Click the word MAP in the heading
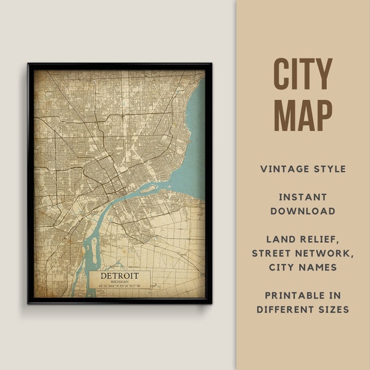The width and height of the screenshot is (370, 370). pos(303,115)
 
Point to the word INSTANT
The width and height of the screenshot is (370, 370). pos(303,197)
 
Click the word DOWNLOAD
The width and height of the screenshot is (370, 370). pos(303,212)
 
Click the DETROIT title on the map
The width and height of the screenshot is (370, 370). pos(120,275)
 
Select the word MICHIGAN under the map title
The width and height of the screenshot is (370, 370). pos(120,281)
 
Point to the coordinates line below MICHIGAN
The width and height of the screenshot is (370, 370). pos(120,286)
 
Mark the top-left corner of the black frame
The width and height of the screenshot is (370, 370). pos(28,64)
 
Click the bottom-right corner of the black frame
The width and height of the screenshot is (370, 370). pos(211,303)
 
